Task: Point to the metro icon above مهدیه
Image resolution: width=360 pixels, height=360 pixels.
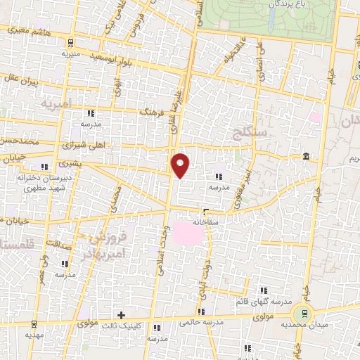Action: [34, 324]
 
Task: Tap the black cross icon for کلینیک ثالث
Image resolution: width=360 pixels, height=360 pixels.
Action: [122, 315]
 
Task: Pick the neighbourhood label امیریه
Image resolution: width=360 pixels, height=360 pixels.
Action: [57, 104]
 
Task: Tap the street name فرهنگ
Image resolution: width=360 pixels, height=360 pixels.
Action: [152, 110]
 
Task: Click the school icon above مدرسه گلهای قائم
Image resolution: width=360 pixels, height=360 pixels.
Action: [264, 290]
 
